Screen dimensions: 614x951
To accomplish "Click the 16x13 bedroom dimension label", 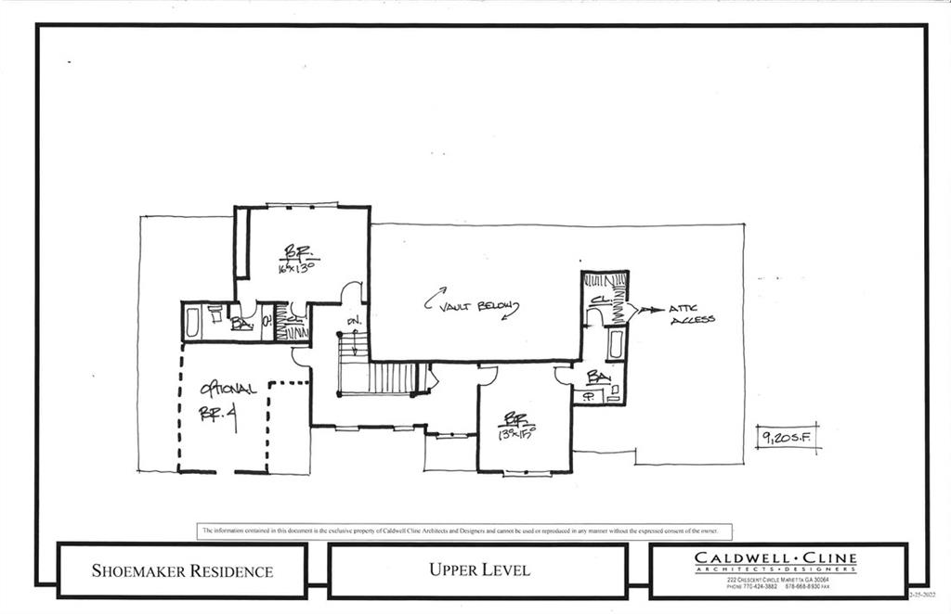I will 297,268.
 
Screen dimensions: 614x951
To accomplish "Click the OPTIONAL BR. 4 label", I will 221,401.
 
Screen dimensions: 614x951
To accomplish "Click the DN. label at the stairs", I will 353,320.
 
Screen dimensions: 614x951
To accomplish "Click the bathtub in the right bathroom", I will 615,344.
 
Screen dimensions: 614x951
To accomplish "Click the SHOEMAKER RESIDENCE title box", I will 182,570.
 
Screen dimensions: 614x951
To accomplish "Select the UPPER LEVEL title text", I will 478,569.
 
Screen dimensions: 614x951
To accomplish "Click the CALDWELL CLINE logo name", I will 776,557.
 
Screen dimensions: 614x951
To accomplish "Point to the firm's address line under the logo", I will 776,579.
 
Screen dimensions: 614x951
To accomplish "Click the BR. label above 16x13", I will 297,250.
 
